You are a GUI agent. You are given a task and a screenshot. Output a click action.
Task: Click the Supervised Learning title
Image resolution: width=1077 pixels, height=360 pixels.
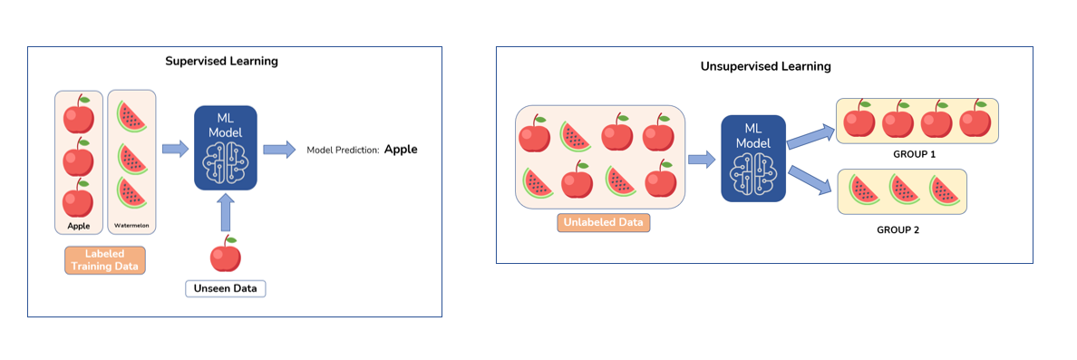[221, 62]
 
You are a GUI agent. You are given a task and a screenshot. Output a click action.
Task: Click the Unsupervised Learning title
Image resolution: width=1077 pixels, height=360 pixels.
[766, 66]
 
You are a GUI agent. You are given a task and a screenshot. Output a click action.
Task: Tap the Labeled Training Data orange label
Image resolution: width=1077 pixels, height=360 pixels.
[105, 259]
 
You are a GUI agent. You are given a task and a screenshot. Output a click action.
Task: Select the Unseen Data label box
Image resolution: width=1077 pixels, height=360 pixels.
[227, 289]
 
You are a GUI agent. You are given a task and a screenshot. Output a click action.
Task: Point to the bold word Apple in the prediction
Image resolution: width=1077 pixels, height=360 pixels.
[401, 150]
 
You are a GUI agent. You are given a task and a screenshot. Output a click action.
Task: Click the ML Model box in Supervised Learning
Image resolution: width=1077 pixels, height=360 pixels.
[226, 148]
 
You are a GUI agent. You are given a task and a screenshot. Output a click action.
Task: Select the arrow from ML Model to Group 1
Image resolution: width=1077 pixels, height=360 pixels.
[810, 136]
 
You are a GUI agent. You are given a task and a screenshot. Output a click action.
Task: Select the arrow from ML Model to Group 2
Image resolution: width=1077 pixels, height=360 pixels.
[810, 180]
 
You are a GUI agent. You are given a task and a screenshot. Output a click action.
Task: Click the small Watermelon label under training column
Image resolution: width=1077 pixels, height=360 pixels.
[131, 225]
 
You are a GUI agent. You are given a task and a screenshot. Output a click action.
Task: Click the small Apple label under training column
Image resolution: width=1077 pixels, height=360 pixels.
[78, 225]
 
